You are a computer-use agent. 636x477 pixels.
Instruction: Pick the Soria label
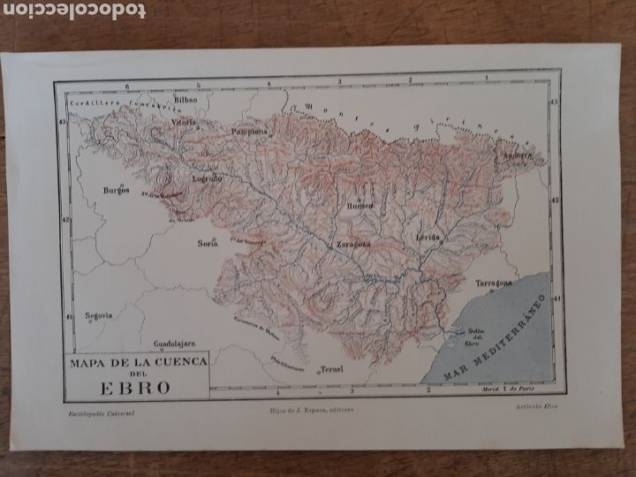click(208, 243)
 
